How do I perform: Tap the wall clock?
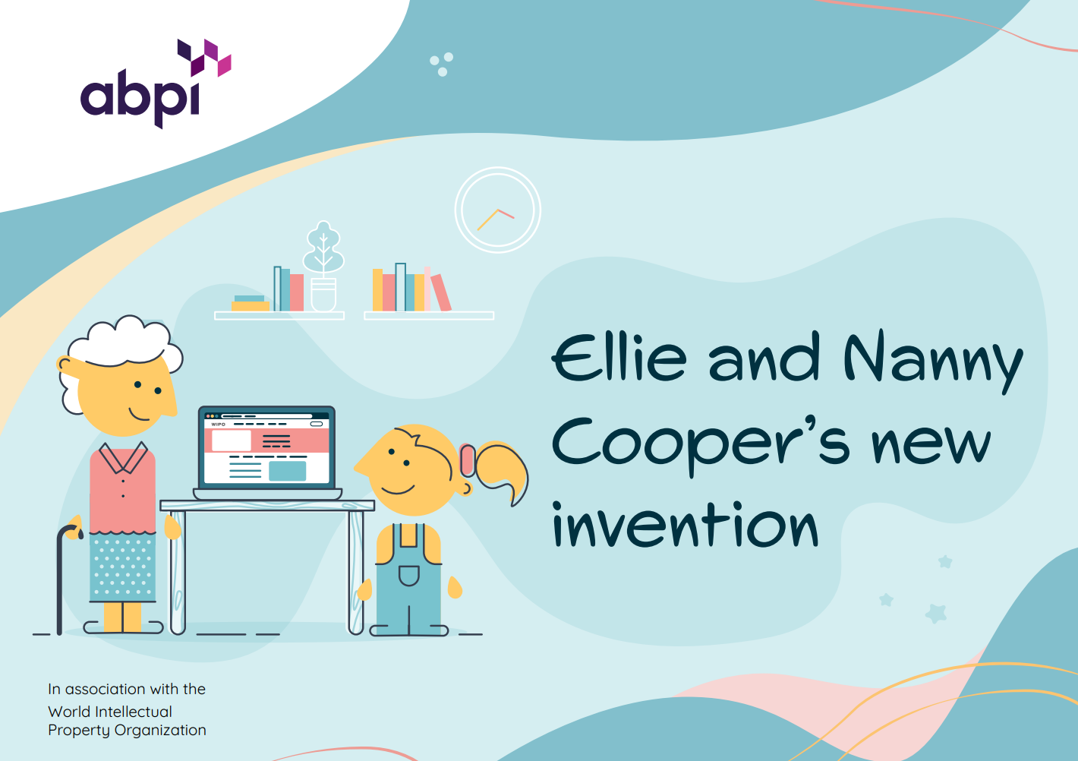(x=497, y=210)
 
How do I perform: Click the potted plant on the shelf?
(x=323, y=266)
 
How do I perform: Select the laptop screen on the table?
(x=266, y=448)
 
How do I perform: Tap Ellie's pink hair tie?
(x=468, y=459)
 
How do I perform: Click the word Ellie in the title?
(x=619, y=357)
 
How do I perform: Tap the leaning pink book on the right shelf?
(x=441, y=293)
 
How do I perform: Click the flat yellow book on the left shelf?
(x=251, y=306)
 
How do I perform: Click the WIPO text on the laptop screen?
(x=218, y=424)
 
